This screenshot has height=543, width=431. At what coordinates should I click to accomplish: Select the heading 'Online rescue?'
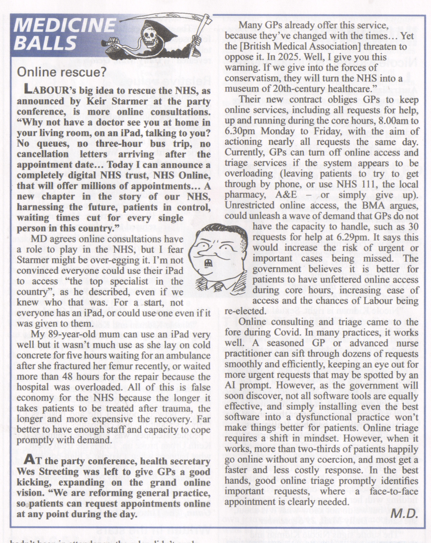[x=61, y=73]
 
